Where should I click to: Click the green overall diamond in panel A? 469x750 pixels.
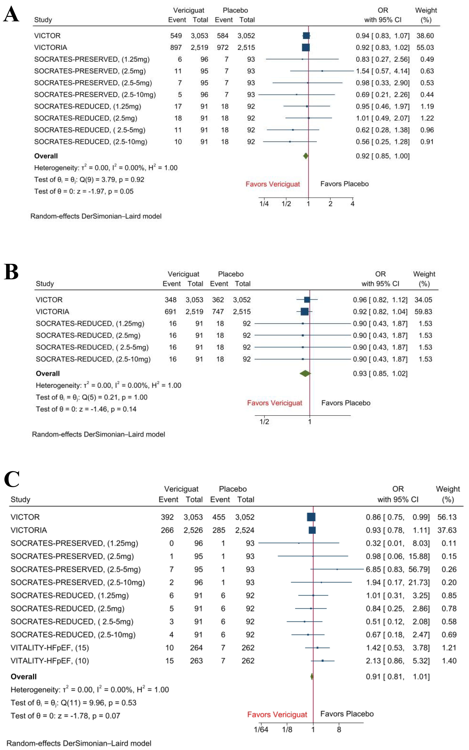(306, 156)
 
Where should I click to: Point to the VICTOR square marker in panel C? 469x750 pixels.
(311, 517)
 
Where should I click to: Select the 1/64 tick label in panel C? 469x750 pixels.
(261, 730)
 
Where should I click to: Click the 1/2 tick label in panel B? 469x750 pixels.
(264, 422)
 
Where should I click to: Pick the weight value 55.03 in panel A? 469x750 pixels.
(425, 47)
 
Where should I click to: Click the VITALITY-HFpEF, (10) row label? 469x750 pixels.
(50, 661)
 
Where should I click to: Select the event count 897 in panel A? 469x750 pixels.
(176, 47)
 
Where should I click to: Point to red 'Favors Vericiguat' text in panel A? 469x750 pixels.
(273, 184)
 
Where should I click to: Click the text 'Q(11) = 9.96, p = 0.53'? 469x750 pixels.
(98, 703)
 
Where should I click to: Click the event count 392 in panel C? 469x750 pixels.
(167, 517)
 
